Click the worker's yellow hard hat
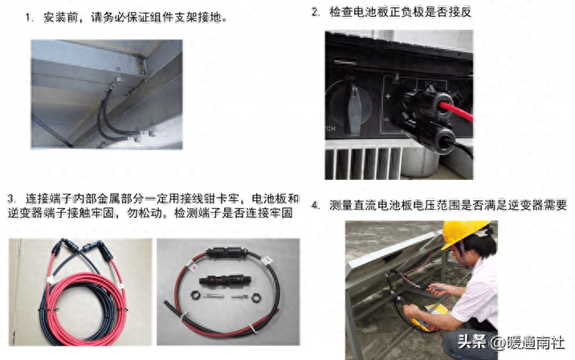pos(465,232)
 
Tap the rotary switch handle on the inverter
pos(354,108)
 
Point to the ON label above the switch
pos(351,78)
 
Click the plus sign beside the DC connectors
pos(388,96)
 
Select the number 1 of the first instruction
pos(28,17)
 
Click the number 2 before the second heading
pos(315,12)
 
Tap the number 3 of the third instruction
pos(10,199)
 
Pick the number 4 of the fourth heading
pos(314,205)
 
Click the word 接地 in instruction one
pos(210,17)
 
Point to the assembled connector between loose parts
pos(224,280)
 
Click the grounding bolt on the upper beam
pos(118,79)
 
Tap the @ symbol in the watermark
pos(498,343)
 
